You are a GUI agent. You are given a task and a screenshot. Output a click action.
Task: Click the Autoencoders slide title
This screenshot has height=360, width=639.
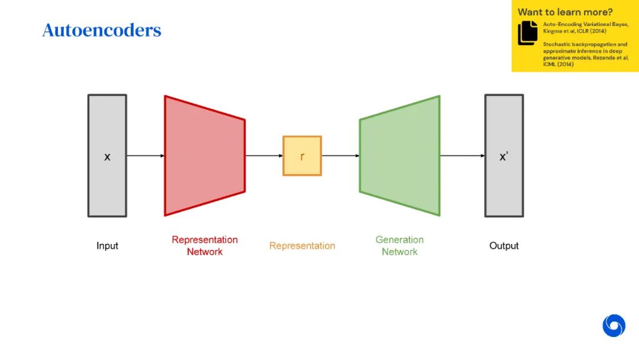coord(102,30)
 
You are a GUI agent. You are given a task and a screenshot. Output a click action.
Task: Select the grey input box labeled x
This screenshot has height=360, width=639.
coord(107,156)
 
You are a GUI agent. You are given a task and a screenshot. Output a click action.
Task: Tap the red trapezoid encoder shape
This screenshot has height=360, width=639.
coord(205,156)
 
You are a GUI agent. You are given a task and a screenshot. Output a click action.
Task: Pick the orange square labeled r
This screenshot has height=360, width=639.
coord(302,156)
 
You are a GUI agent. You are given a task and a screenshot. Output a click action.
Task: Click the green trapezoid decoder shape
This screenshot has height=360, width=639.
coord(400,156)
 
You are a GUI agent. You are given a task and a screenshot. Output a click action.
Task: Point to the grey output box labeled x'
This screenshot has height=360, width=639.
coord(504,156)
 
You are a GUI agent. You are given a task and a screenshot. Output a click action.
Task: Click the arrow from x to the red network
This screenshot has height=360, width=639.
coord(146,156)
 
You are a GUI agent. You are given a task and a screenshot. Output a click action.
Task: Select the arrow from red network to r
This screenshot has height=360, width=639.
coord(264,156)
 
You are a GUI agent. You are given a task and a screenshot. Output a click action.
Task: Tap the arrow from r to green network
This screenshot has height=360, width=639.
coord(341,156)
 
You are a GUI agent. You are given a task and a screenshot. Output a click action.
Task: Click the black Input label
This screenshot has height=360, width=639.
coord(107,246)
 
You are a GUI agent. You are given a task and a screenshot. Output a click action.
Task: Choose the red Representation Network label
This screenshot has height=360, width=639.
coord(205,246)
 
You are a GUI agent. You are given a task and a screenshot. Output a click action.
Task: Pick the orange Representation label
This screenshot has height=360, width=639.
coord(302,246)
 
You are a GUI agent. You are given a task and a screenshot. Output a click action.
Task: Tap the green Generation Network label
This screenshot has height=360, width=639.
coord(400,246)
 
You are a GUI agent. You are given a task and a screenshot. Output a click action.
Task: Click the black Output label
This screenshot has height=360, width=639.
coord(504,246)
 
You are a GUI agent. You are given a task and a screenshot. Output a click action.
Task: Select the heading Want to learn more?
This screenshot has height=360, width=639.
coord(565,12)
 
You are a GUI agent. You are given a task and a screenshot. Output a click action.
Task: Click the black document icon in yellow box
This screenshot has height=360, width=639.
coord(528,33)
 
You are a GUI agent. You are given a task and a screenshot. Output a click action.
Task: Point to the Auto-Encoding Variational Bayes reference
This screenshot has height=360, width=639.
coord(585,27)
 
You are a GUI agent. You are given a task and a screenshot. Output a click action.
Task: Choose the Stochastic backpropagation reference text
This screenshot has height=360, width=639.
coord(585,54)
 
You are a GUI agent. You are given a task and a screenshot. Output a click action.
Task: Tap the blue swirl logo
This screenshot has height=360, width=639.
coord(614,326)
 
